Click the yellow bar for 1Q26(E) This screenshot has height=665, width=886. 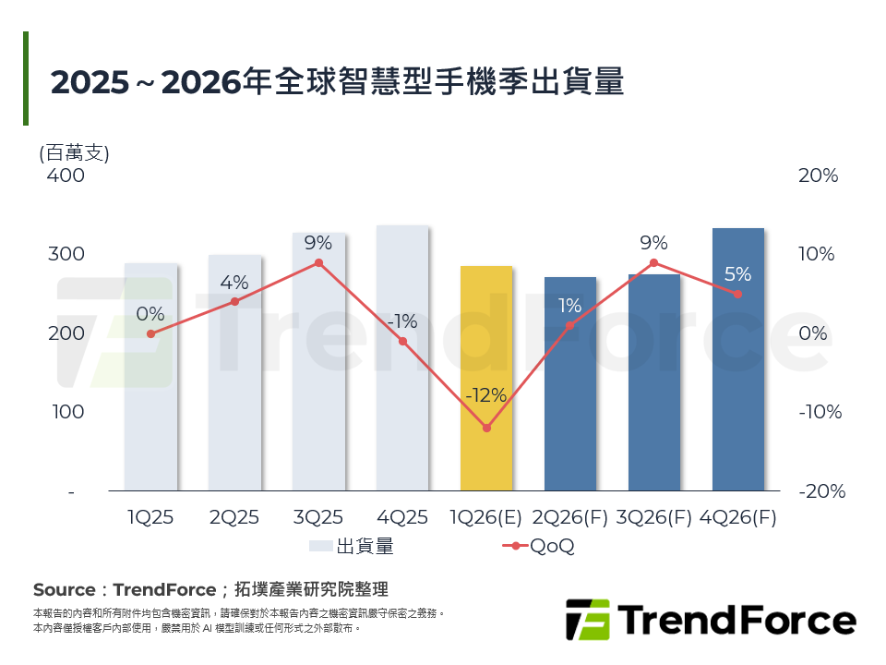pyautogui.click(x=486, y=378)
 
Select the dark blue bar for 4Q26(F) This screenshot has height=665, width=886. pyautogui.click(x=738, y=359)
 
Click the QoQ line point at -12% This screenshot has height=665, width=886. pyautogui.click(x=486, y=428)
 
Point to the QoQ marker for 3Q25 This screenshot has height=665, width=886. pyautogui.click(x=318, y=262)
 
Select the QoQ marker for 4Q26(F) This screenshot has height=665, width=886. pyautogui.click(x=737, y=294)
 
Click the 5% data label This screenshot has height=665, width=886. pyautogui.click(x=737, y=274)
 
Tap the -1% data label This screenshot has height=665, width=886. pyautogui.click(x=402, y=321)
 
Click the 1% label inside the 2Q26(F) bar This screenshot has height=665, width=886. pyautogui.click(x=569, y=306)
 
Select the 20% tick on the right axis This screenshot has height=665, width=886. pyautogui.click(x=818, y=175)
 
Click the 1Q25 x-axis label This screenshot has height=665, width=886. pyautogui.click(x=150, y=518)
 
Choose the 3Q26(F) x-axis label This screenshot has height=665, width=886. pyautogui.click(x=654, y=518)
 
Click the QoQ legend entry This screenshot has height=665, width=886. pyautogui.click(x=539, y=546)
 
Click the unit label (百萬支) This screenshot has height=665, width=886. pyautogui.click(x=74, y=152)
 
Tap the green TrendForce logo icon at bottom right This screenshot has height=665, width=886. pyautogui.click(x=588, y=620)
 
